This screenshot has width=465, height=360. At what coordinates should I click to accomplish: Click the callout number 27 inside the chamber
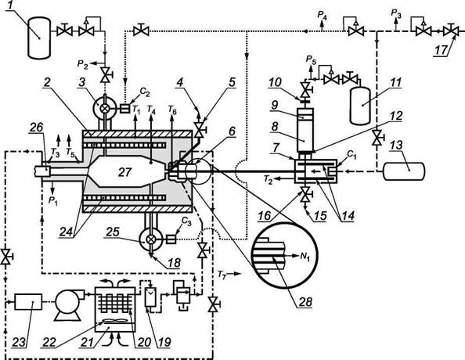124,172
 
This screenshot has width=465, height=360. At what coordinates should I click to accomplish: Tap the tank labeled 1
39,37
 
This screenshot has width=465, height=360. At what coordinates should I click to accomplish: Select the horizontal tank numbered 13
404,171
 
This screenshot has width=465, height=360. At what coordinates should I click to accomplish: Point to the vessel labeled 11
360,106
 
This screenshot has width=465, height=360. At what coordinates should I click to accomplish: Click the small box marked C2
124,109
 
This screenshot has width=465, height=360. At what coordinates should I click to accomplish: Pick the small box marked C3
171,239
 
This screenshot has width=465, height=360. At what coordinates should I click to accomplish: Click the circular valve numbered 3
104,109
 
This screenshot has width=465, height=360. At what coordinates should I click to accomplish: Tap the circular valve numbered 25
151,239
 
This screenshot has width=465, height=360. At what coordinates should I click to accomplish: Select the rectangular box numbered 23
28,301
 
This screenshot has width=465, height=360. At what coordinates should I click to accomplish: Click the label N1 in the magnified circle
305,256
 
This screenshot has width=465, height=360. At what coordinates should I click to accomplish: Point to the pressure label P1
52,201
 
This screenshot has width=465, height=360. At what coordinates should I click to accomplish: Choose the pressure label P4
323,15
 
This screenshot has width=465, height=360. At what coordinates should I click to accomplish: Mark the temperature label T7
222,274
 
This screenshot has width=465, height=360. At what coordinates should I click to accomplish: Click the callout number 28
306,302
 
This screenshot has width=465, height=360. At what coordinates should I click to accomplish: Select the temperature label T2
268,180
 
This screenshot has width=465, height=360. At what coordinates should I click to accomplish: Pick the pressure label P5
311,61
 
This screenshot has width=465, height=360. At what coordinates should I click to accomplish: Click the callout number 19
164,342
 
